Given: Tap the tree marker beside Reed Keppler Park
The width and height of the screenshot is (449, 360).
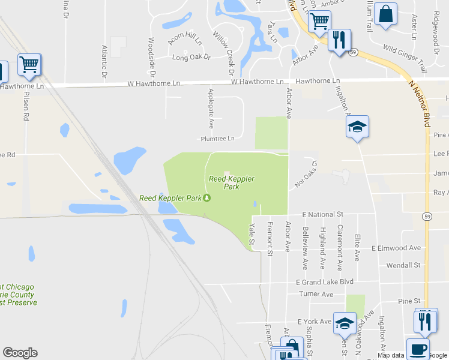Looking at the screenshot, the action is coord(207,198).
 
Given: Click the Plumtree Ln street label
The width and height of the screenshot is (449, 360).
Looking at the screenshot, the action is coord(217,139).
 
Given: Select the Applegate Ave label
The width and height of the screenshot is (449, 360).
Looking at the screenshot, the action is coord(211,108).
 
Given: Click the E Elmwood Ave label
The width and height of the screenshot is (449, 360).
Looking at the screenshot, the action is coord(396,248).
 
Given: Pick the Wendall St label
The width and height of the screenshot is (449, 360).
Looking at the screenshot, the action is coord(403,265).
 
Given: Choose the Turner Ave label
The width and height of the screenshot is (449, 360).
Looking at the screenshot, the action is coord(316,295).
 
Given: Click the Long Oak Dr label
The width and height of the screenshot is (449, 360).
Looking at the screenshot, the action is coord(191,58).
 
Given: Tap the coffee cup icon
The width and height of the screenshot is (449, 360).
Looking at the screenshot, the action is coord(418,348).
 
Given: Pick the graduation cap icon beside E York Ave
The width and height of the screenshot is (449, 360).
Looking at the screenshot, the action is coord(345,323).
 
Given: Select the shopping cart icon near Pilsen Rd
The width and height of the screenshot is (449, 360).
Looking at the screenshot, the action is coord(29,63).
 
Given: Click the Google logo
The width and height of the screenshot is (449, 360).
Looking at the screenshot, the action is coord(20,353).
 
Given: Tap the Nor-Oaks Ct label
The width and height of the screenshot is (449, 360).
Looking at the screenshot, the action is coord(305,175).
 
